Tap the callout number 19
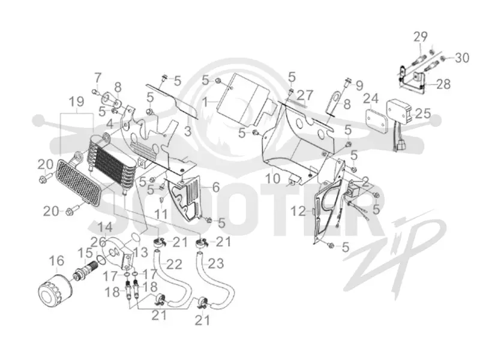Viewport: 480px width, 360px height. click(x=76, y=102)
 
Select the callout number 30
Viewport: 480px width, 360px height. click(x=461, y=57)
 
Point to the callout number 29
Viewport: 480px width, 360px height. click(x=421, y=37)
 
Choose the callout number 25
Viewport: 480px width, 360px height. click(x=423, y=113)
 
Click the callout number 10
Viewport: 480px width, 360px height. click(x=272, y=178)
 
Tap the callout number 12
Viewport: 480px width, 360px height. click(x=298, y=211)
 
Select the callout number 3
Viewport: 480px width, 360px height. click(x=188, y=131)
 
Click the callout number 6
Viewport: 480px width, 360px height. click(x=216, y=187)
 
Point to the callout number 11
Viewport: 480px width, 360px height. click(x=161, y=214)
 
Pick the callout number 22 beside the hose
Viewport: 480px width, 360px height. click(x=173, y=264)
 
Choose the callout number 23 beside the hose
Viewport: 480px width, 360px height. click(x=216, y=263)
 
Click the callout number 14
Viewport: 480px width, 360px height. click(x=105, y=227)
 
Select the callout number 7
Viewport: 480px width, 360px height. click(x=97, y=78)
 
